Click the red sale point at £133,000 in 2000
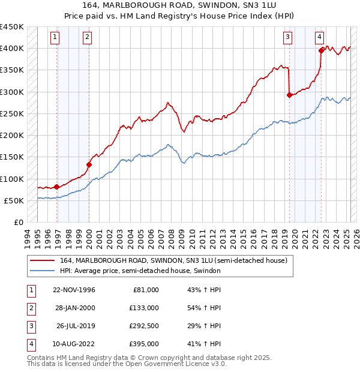click(x=89, y=164)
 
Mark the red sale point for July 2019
click(x=289, y=95)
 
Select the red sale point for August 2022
click(x=322, y=50)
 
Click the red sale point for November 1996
click(x=57, y=187)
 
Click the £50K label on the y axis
click(x=14, y=200)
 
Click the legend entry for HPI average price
click(x=140, y=271)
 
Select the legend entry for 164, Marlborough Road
click(x=174, y=260)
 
